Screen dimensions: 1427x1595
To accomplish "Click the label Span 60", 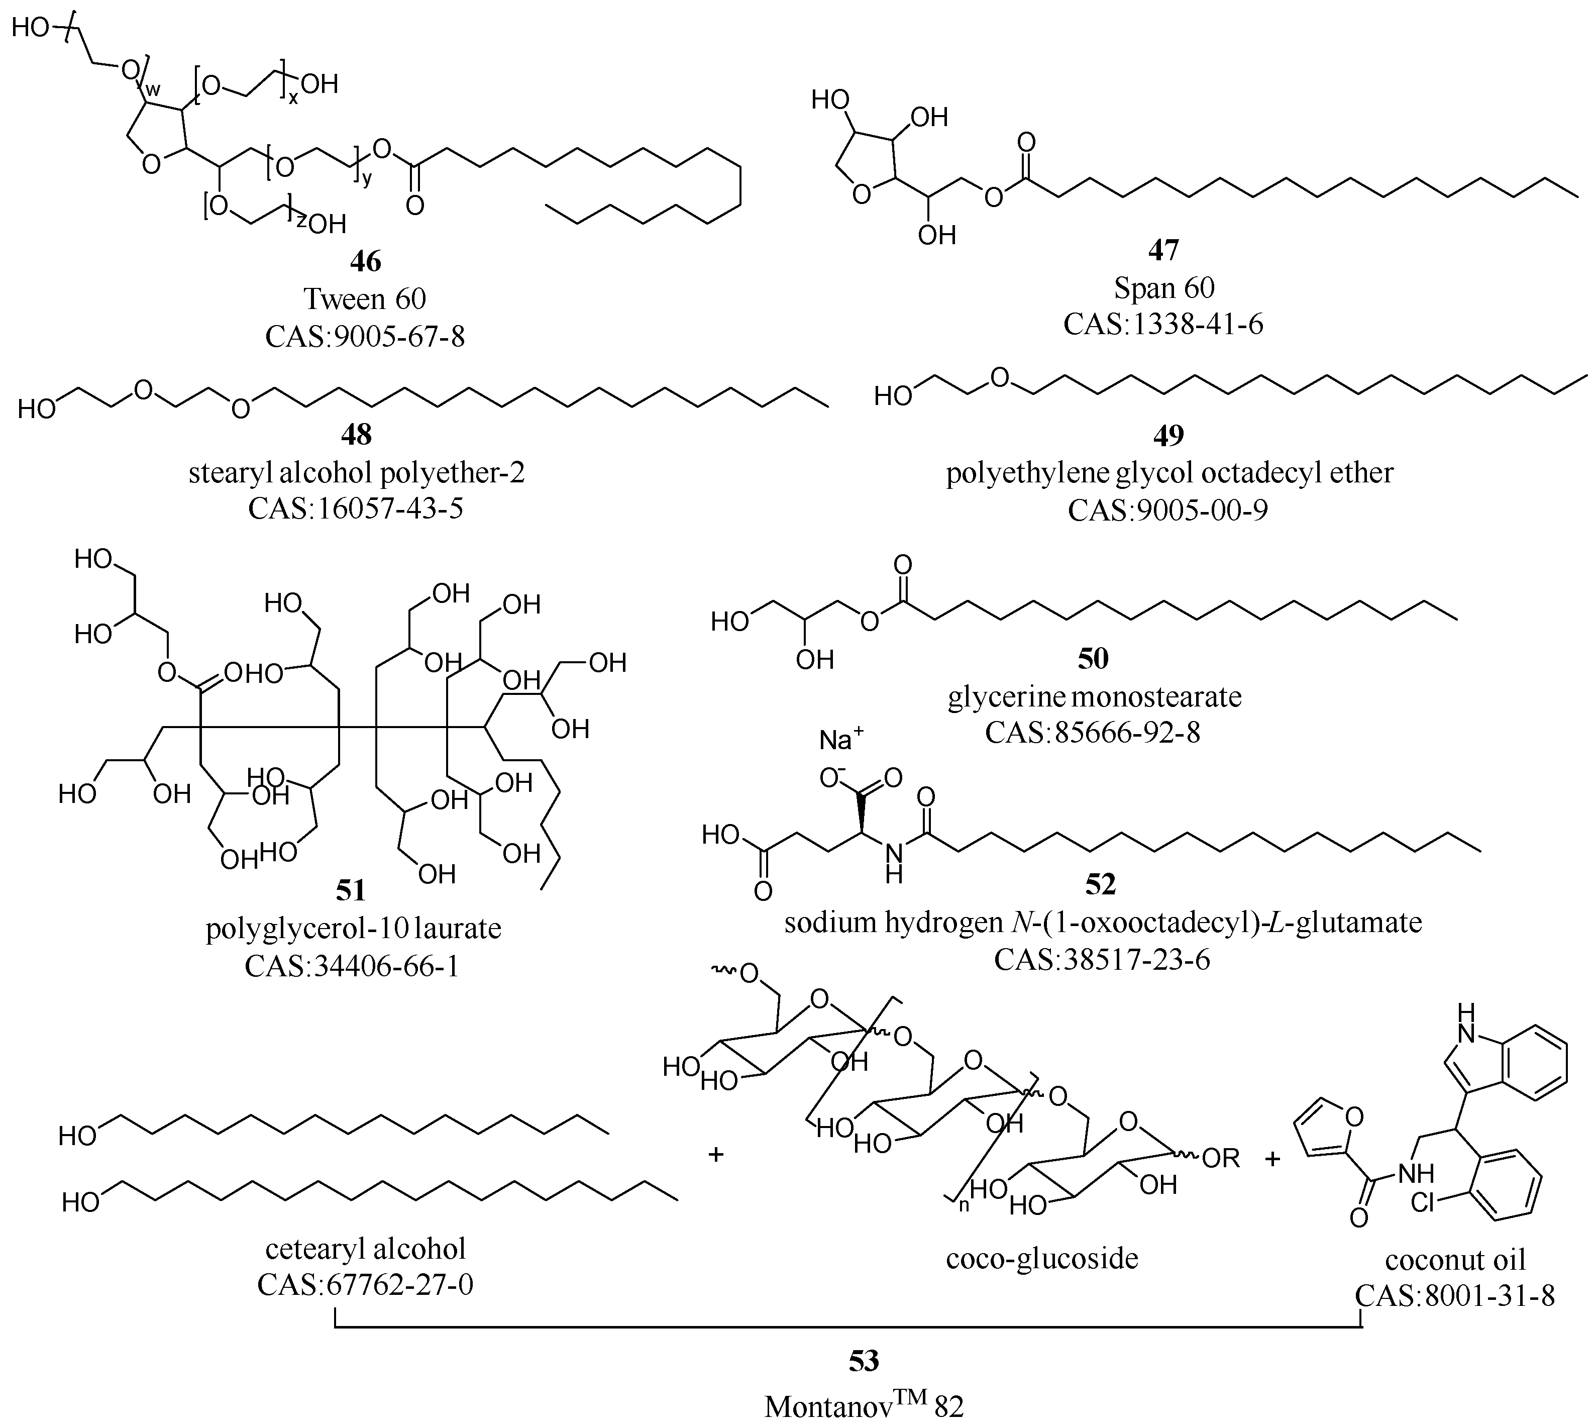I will tap(1164, 288).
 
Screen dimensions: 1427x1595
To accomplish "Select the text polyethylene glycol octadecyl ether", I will tap(1169, 473).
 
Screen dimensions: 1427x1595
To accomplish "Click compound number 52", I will tap(1101, 884).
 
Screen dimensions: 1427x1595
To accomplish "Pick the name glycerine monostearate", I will tap(1094, 696).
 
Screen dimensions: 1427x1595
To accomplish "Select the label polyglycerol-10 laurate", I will tap(354, 929).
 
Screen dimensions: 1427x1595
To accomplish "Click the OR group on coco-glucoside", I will tap(1220, 1158).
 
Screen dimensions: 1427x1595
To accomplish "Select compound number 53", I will tap(864, 1360).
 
